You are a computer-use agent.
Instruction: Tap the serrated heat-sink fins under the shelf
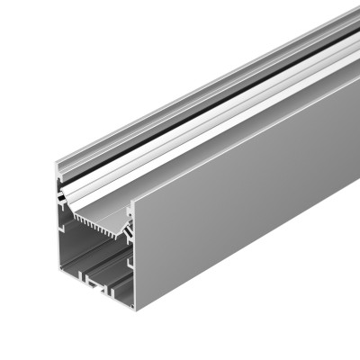(99, 219)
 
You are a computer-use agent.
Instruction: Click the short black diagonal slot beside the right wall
(127, 230)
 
